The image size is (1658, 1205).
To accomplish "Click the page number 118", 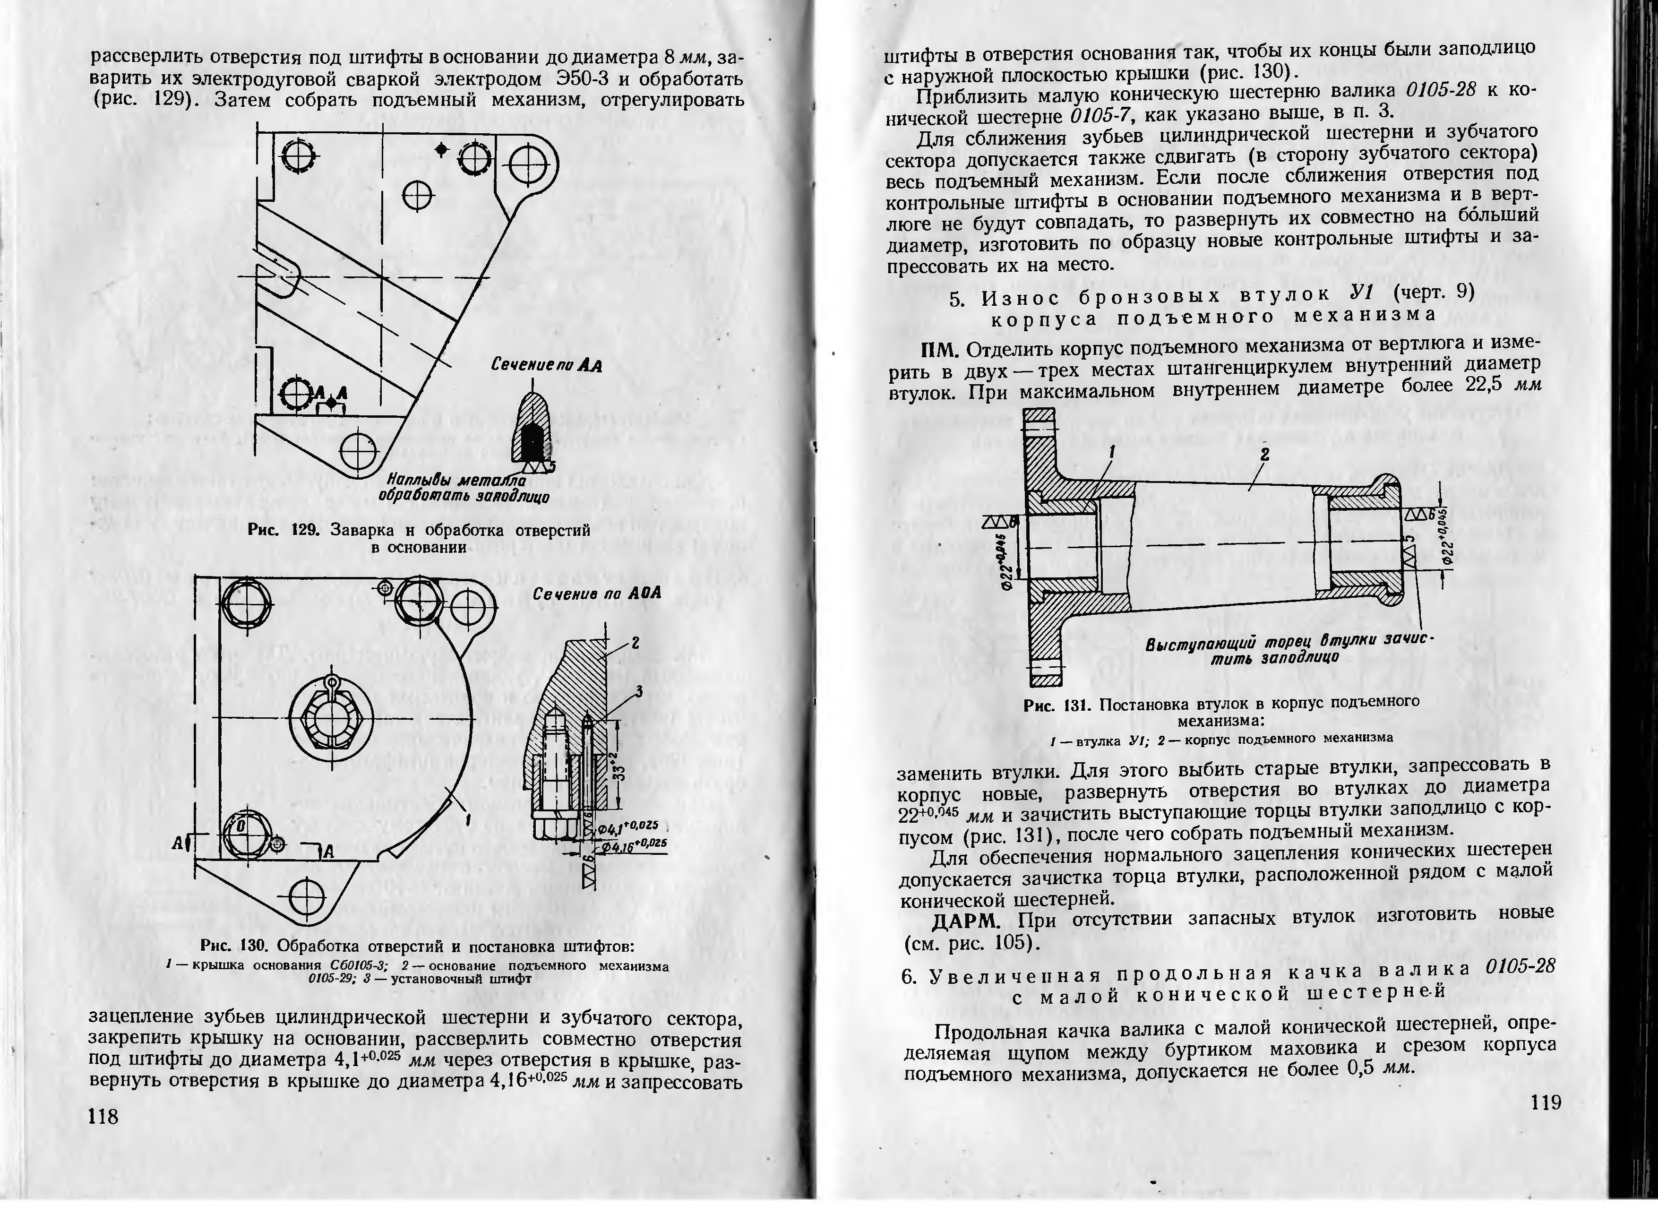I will click(103, 1116).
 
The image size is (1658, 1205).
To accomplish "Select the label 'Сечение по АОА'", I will click(596, 593).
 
